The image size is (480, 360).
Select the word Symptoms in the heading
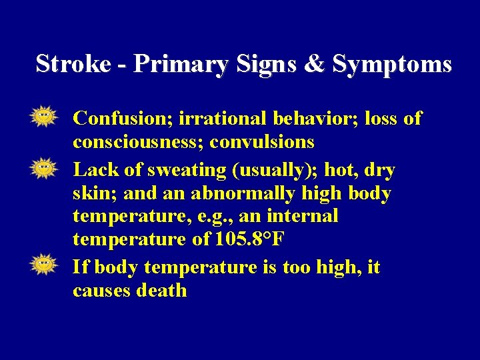[x=392, y=64]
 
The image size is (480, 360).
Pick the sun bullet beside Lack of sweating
[x=43, y=168]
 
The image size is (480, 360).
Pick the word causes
[x=102, y=291]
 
